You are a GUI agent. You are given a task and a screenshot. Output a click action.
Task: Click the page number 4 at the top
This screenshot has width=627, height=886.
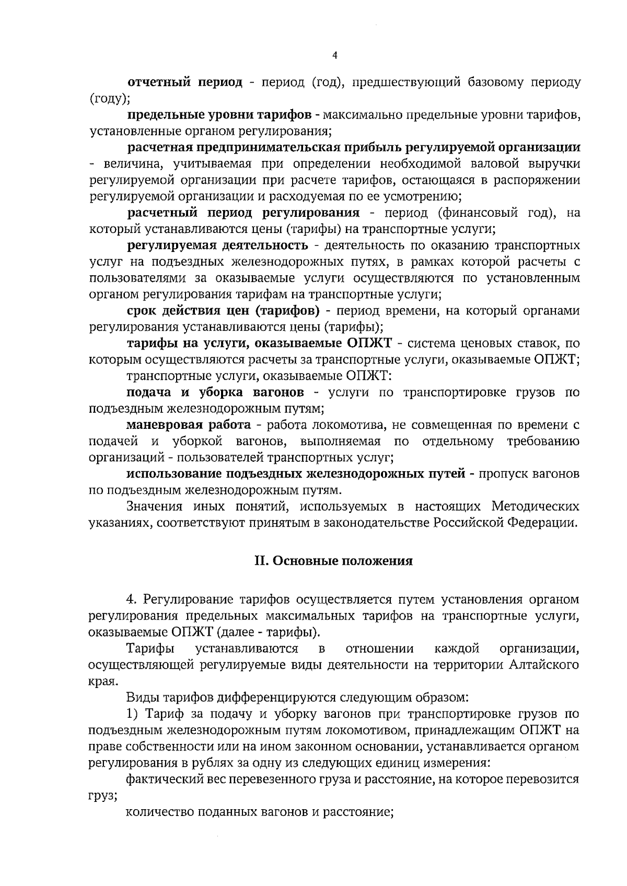click(x=334, y=56)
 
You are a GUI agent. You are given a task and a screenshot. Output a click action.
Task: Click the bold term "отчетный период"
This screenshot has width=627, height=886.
click(x=185, y=83)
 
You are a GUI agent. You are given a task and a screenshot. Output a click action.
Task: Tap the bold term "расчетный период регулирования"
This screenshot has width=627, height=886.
click(x=243, y=213)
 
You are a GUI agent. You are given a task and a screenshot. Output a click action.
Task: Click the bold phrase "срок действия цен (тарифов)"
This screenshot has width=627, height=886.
click(x=223, y=311)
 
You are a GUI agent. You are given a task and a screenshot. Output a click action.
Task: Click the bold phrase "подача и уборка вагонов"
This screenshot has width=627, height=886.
click(x=215, y=392)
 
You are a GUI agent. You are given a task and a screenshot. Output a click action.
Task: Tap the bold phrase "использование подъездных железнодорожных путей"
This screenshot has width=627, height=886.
click(x=296, y=474)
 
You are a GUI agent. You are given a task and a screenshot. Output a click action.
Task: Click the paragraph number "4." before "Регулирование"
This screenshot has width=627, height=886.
click(x=131, y=600)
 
